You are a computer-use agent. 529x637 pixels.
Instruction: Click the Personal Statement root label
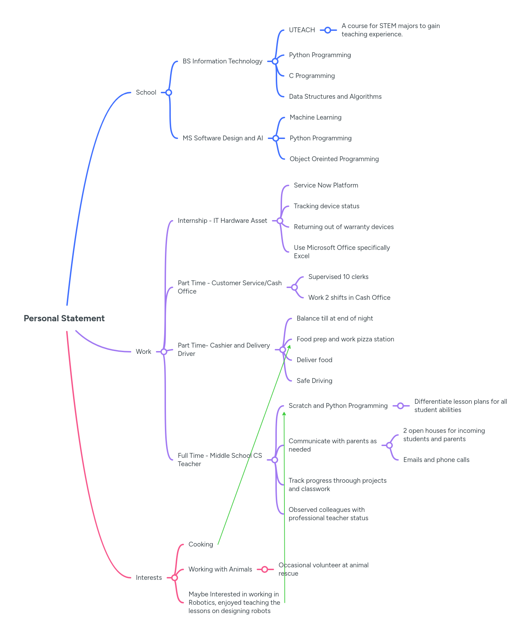coord(64,318)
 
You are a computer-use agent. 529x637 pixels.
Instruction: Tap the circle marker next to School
coord(169,93)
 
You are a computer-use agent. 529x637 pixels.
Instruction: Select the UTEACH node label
coord(302,30)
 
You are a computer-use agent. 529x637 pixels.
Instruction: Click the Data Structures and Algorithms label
coord(335,97)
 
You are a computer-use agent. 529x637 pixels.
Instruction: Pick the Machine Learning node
coord(315,117)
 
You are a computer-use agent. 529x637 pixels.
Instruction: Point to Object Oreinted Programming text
coord(334,159)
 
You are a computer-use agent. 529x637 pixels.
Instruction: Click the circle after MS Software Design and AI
coord(275,138)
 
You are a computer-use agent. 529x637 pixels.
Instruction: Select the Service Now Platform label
coord(326,185)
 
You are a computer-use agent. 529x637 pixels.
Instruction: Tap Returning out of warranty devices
coord(343,227)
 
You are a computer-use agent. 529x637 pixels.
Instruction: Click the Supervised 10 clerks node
coord(338,277)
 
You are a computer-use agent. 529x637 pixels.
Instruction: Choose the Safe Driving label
coord(314,381)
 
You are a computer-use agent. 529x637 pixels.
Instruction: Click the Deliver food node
coord(314,360)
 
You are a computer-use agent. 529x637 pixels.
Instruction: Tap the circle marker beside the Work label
coord(164,352)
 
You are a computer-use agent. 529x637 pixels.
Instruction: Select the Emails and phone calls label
coord(436,460)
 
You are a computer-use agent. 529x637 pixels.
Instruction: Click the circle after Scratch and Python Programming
coord(400,406)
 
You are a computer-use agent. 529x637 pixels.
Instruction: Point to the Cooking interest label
coord(201,544)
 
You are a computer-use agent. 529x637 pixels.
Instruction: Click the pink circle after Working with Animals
coord(265,569)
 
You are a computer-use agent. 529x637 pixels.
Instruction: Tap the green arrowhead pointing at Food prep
coord(289,347)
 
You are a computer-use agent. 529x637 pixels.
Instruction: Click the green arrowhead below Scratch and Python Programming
coord(284,414)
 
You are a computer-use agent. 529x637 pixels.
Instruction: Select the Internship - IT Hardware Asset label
coord(222,221)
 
